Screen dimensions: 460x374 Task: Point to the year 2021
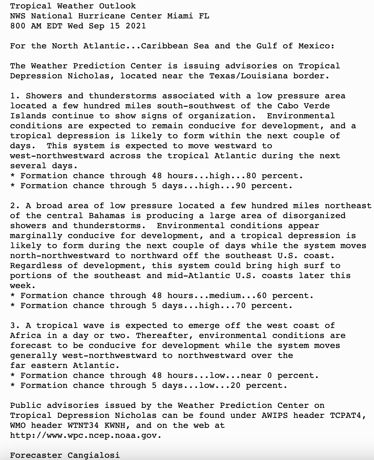click(x=136, y=26)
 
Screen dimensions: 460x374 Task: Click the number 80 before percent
click(x=251, y=176)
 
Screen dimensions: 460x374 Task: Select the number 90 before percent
click(x=240, y=186)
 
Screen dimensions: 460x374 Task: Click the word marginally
click(x=36, y=236)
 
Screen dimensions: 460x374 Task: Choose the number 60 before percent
click(x=262, y=296)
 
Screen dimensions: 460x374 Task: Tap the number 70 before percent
click(x=240, y=306)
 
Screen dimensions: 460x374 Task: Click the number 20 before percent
click(x=235, y=385)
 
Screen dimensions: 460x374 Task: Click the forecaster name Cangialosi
click(x=93, y=455)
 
